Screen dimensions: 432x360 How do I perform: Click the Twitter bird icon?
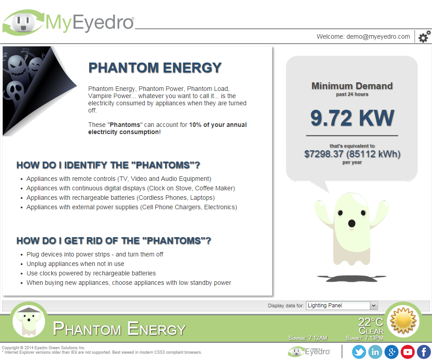359,352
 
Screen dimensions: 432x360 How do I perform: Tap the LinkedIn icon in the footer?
375,352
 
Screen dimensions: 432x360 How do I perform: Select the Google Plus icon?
391,352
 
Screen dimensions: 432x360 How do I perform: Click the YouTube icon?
408,352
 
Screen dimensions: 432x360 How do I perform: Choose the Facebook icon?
424,352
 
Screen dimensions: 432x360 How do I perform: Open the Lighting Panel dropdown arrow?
373,306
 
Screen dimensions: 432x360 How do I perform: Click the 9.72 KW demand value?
352,118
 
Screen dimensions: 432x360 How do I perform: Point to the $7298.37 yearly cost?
324,154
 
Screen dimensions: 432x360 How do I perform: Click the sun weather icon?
403,321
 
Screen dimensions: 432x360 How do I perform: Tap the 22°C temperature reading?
371,322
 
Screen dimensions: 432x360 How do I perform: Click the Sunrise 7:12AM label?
308,337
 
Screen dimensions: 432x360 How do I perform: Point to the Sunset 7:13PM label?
364,337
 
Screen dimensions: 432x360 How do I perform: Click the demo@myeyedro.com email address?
378,36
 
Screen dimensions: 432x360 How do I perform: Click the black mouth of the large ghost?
351,223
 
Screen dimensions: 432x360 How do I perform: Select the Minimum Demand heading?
352,86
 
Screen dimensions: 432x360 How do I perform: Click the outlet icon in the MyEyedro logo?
24,22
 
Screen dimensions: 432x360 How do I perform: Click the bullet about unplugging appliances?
75,264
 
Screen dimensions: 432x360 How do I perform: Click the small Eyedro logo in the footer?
309,351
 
